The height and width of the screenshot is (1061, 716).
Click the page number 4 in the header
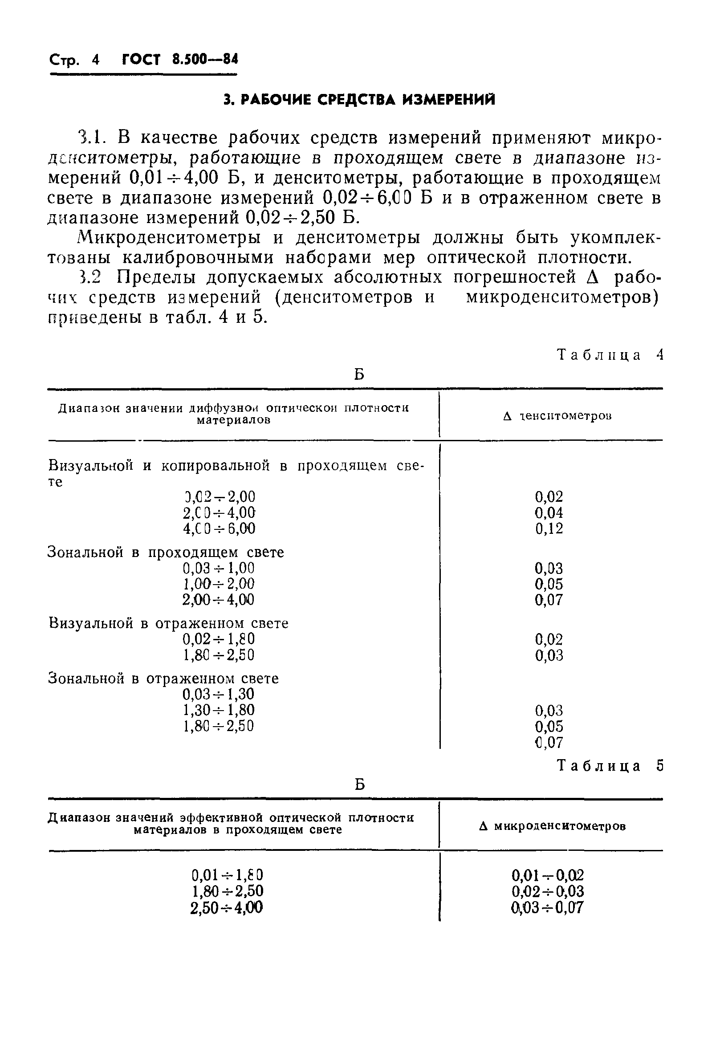click(95, 60)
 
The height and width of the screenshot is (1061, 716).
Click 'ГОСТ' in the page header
click(141, 60)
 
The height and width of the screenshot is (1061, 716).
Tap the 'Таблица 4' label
click(610, 355)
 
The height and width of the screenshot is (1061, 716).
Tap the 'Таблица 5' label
click(610, 766)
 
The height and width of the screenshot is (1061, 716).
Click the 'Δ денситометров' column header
click(557, 416)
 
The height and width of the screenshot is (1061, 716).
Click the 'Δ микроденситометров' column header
click(552, 826)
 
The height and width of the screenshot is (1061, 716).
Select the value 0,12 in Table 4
click(549, 528)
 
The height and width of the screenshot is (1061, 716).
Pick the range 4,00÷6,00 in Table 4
click(219, 528)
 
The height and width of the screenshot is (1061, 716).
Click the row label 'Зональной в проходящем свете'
click(166, 553)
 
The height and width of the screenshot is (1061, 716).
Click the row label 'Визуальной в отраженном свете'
click(168, 623)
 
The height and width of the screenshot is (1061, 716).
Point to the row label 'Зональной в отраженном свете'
click(163, 679)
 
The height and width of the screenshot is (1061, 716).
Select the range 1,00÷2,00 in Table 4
click(219, 584)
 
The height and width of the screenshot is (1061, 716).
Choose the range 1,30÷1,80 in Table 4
click(219, 710)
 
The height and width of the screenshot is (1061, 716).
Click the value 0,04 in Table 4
click(549, 513)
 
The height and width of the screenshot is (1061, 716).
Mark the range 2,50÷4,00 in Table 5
click(227, 907)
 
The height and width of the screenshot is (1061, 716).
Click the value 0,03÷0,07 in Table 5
click(548, 907)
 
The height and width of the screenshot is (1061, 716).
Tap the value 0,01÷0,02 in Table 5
click(548, 876)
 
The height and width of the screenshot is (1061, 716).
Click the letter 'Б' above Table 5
click(359, 785)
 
